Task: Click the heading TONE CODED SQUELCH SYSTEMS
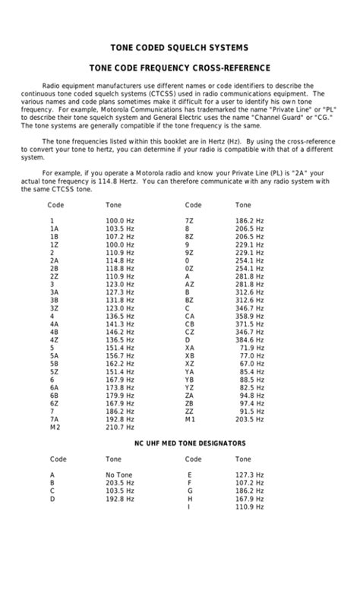180,46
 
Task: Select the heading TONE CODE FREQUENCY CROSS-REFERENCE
180,68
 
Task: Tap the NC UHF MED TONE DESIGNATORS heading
180,443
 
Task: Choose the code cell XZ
190,364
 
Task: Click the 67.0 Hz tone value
251,364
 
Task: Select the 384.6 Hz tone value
249,339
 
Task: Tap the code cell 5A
54,355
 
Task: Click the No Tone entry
120,475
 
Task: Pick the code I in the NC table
188,506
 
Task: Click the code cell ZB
190,403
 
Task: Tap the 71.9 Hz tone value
251,348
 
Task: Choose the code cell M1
191,419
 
